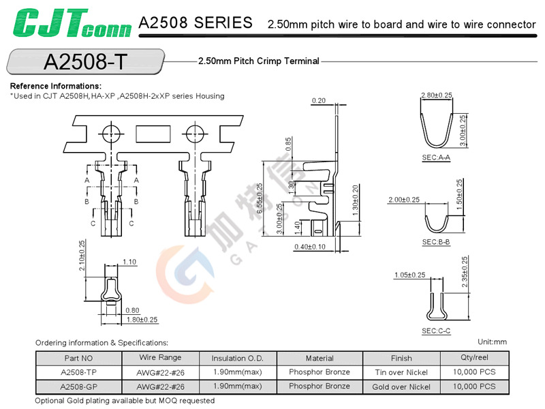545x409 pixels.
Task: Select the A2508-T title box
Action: click(x=85, y=62)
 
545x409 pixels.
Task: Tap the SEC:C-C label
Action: click(x=436, y=331)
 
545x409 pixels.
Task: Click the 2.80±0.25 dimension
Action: click(x=437, y=95)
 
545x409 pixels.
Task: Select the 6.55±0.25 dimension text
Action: click(x=259, y=199)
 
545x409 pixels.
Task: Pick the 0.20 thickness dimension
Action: click(x=318, y=101)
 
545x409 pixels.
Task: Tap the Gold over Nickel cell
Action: click(x=401, y=387)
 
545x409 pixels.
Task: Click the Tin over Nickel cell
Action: click(x=401, y=372)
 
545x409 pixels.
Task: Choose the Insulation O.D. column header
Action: click(x=238, y=358)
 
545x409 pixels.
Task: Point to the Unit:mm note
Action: click(x=493, y=342)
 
